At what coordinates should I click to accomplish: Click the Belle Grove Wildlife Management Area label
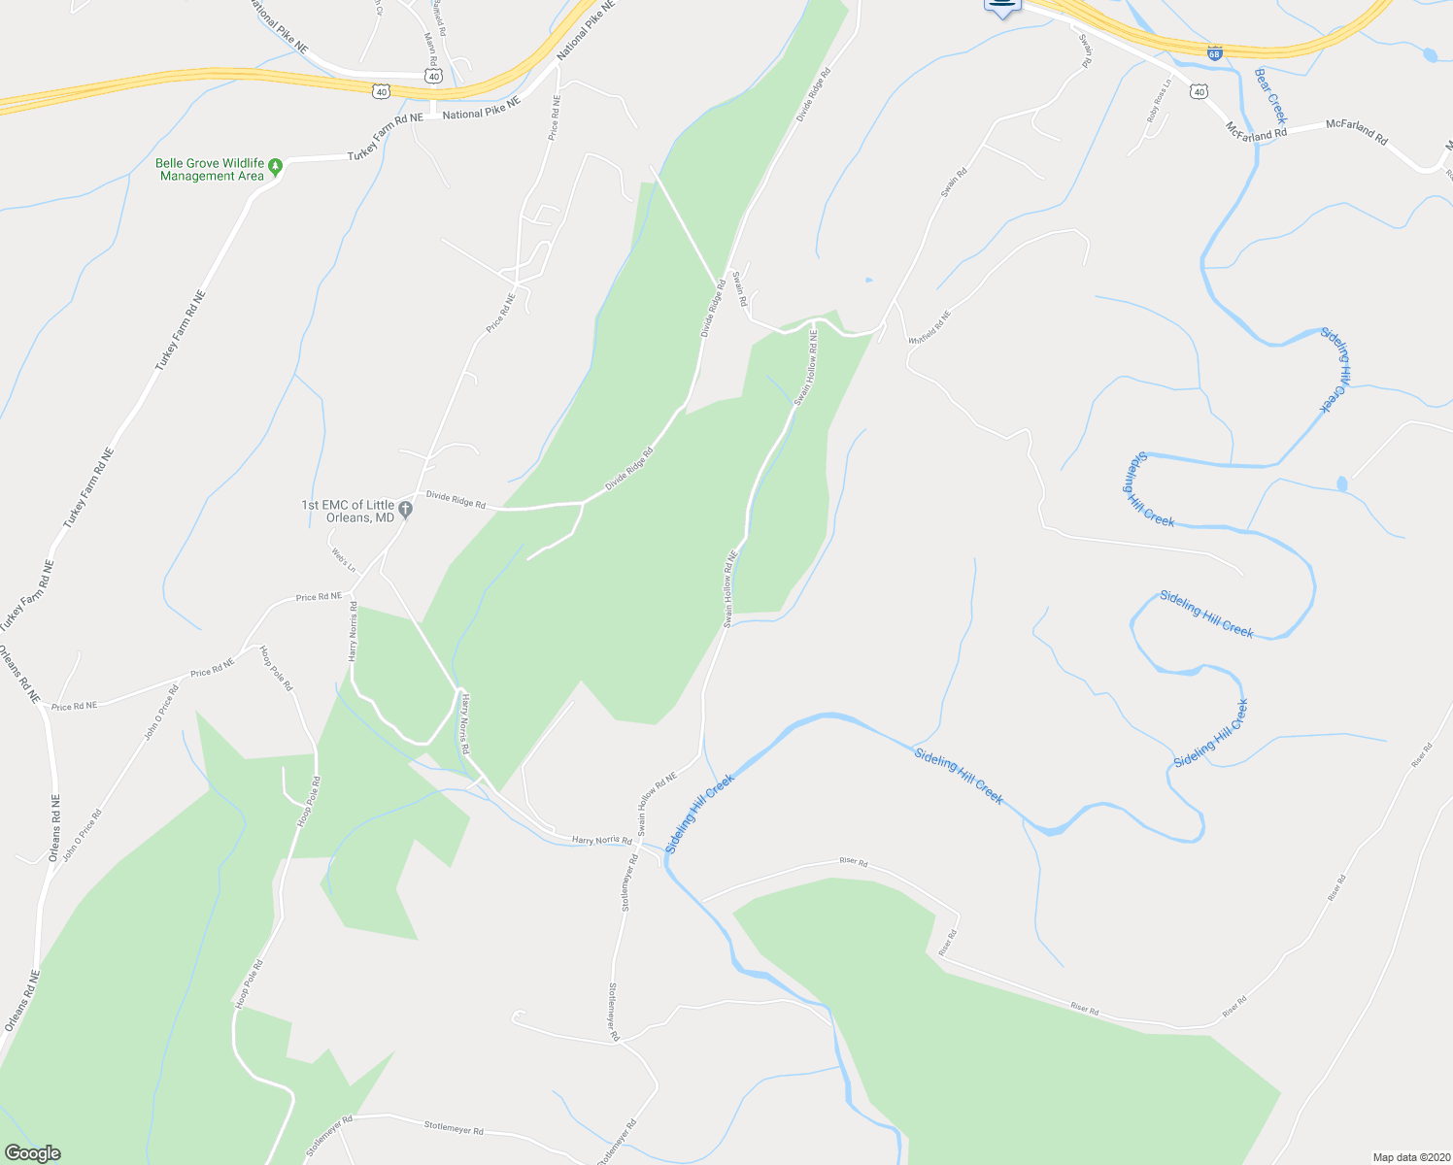[x=210, y=170]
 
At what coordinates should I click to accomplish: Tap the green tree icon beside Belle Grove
[x=276, y=168]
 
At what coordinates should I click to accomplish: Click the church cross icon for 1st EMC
[x=406, y=509]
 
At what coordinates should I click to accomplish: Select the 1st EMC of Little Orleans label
[x=348, y=511]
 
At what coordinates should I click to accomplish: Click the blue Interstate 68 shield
[x=1214, y=53]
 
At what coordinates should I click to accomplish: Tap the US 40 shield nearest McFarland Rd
[x=1200, y=92]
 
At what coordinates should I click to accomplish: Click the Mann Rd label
[x=429, y=46]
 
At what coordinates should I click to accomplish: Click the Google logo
[x=32, y=1153]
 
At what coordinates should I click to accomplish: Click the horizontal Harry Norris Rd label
[x=601, y=840]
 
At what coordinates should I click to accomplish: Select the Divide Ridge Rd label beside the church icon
[x=456, y=500]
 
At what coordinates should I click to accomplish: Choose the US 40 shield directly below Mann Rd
[x=433, y=75]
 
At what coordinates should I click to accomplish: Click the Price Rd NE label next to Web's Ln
[x=319, y=596]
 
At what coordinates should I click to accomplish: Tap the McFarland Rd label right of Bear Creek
[x=1357, y=132]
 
